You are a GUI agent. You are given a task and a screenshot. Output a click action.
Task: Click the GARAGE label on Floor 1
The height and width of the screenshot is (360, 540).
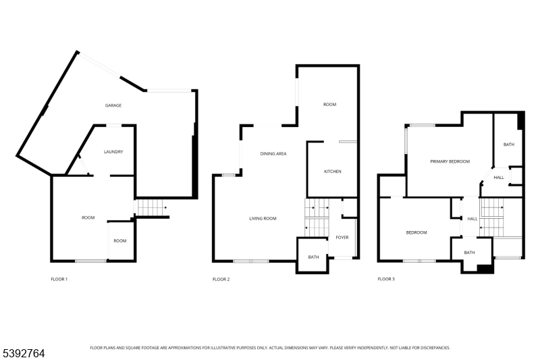tap(113, 106)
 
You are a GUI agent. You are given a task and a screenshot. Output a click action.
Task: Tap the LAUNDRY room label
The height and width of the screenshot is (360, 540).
tap(113, 152)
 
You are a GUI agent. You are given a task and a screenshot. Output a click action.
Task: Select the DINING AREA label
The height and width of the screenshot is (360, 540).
tap(273, 154)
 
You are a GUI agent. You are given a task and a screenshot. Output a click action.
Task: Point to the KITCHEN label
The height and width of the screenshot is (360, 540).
tap(333, 172)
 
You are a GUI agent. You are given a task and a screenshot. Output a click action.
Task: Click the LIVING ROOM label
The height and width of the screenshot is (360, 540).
tap(263, 218)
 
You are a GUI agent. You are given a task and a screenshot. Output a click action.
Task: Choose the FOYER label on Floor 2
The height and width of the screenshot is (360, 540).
tap(342, 237)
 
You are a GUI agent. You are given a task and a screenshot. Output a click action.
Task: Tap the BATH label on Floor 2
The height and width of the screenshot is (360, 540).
tap(313, 257)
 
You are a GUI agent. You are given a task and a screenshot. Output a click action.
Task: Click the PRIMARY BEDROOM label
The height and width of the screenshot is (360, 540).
tap(450, 161)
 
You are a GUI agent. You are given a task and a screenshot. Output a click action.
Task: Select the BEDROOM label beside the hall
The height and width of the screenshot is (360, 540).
tap(416, 232)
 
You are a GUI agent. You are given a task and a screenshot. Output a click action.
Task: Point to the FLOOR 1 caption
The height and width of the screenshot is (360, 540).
tap(59, 279)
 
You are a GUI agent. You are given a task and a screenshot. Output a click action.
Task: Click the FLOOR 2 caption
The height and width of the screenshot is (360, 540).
tap(221, 279)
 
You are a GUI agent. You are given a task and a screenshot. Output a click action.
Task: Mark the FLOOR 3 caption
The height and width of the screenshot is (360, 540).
tap(386, 279)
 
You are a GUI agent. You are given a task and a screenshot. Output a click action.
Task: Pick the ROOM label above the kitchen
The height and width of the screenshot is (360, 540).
tap(329, 105)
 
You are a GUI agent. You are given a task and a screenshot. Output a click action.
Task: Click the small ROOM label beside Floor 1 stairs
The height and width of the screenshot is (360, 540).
tap(119, 241)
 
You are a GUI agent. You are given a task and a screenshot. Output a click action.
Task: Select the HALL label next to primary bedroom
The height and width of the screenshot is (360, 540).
tap(499, 178)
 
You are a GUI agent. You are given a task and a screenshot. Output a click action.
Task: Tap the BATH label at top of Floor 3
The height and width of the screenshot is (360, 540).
tap(509, 145)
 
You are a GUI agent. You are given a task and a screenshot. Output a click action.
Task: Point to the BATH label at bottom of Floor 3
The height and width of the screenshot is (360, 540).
tap(469, 253)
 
